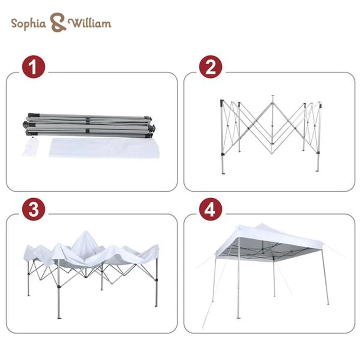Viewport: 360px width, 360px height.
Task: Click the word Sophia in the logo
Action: click(x=28, y=24)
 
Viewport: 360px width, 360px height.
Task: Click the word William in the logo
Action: click(x=90, y=23)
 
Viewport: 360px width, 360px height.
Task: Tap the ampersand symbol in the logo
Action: click(x=58, y=22)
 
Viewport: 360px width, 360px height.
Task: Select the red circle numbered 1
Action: click(x=33, y=67)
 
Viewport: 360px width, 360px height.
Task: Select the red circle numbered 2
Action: click(x=211, y=67)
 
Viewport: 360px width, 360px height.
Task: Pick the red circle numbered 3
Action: click(x=33, y=209)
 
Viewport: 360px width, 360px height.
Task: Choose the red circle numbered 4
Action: click(x=211, y=209)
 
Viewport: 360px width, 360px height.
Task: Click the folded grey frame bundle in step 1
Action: click(x=89, y=126)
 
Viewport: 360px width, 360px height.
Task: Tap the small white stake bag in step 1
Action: click(x=30, y=147)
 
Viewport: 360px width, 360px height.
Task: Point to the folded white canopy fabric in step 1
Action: click(x=104, y=148)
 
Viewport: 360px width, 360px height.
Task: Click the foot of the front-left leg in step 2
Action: click(x=223, y=173)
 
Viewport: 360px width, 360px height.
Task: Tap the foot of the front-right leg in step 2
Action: click(x=318, y=170)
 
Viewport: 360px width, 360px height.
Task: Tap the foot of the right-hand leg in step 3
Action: click(x=156, y=305)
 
